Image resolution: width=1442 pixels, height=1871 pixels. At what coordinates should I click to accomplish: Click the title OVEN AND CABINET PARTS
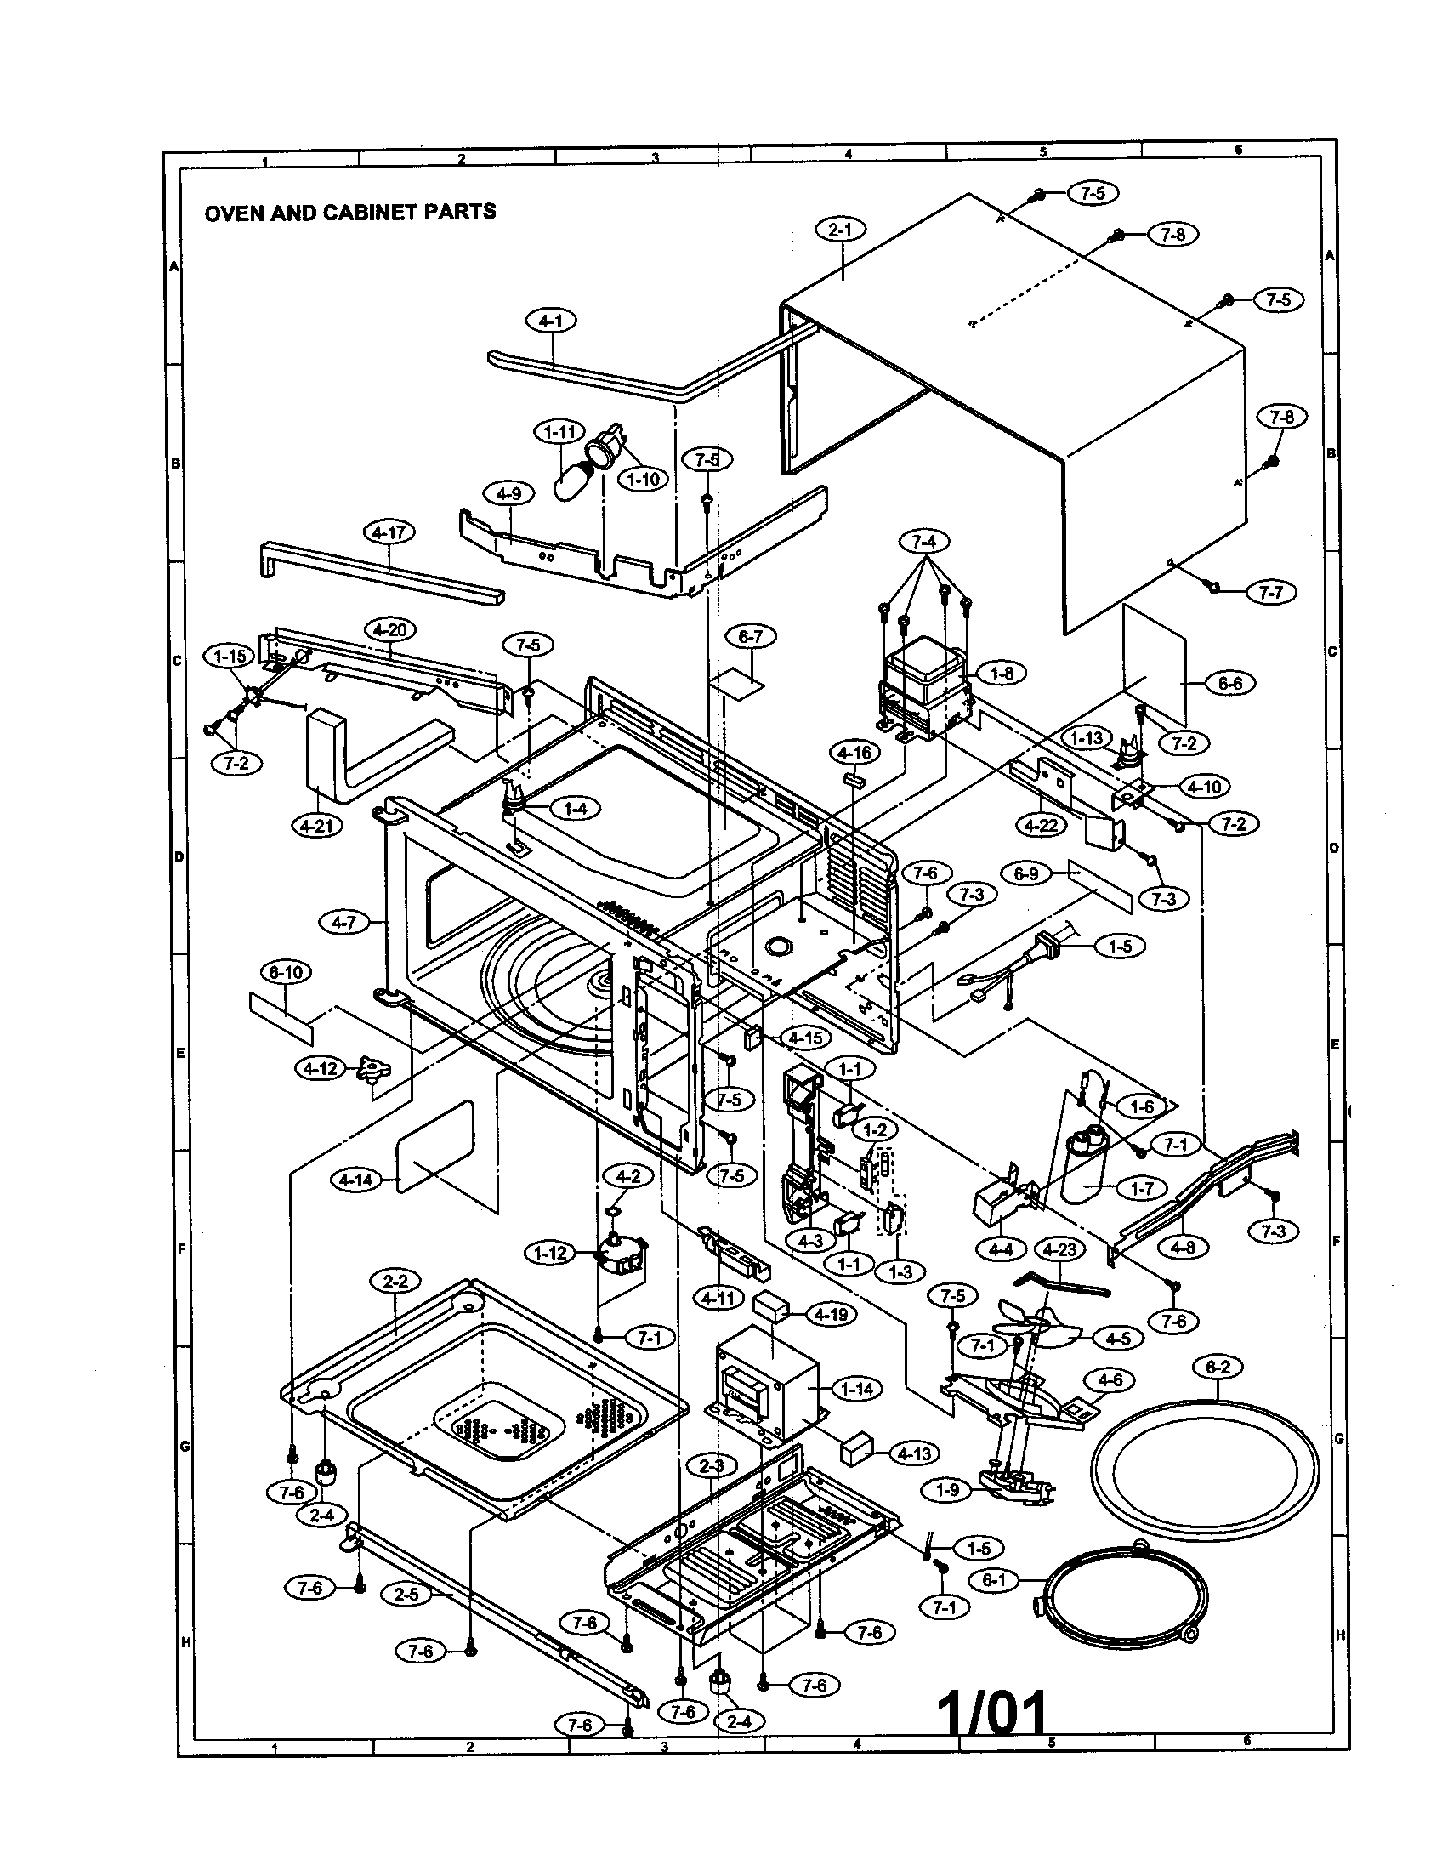(349, 212)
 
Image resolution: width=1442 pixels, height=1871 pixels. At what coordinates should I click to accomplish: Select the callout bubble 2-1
(840, 230)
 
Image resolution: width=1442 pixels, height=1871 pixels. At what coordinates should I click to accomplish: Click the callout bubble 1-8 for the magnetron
(1001, 674)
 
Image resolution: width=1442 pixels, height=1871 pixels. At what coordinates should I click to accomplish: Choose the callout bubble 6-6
(1229, 683)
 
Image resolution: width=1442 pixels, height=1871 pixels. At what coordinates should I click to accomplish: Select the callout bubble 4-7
(343, 923)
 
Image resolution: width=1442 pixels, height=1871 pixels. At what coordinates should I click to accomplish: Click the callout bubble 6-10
(285, 972)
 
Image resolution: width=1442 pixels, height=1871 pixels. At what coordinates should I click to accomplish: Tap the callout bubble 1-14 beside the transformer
(856, 1389)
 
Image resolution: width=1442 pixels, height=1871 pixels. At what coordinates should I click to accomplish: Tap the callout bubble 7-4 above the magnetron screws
(924, 542)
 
